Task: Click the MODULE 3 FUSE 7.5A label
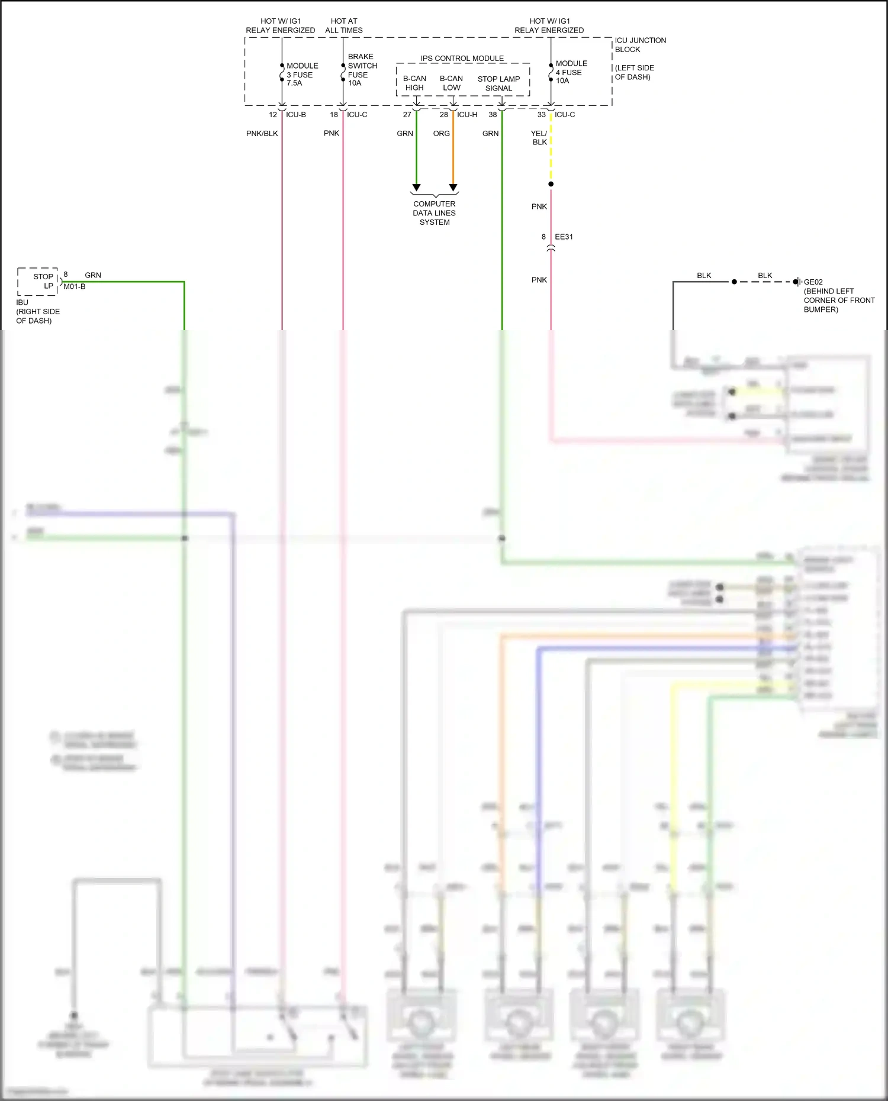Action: (x=302, y=75)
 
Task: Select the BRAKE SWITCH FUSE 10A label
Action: (x=362, y=70)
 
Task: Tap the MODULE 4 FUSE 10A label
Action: (x=571, y=72)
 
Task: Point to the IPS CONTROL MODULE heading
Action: (x=462, y=59)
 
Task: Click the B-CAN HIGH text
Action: (x=414, y=83)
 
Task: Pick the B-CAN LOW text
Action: (x=451, y=83)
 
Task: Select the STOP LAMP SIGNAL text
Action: (x=498, y=84)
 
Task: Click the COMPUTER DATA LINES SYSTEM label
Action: (x=435, y=213)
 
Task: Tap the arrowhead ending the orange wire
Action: (x=453, y=188)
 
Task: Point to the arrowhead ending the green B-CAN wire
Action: (x=416, y=188)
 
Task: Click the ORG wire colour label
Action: (x=441, y=134)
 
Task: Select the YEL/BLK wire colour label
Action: (x=539, y=138)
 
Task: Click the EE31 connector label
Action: (x=564, y=237)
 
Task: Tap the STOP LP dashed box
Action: (x=38, y=282)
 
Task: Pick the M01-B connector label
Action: (x=75, y=287)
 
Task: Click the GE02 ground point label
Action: (x=813, y=282)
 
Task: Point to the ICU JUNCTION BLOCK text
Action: (x=639, y=45)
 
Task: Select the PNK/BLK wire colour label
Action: (x=262, y=134)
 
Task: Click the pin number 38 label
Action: (x=493, y=115)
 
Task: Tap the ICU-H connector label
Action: (x=466, y=115)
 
